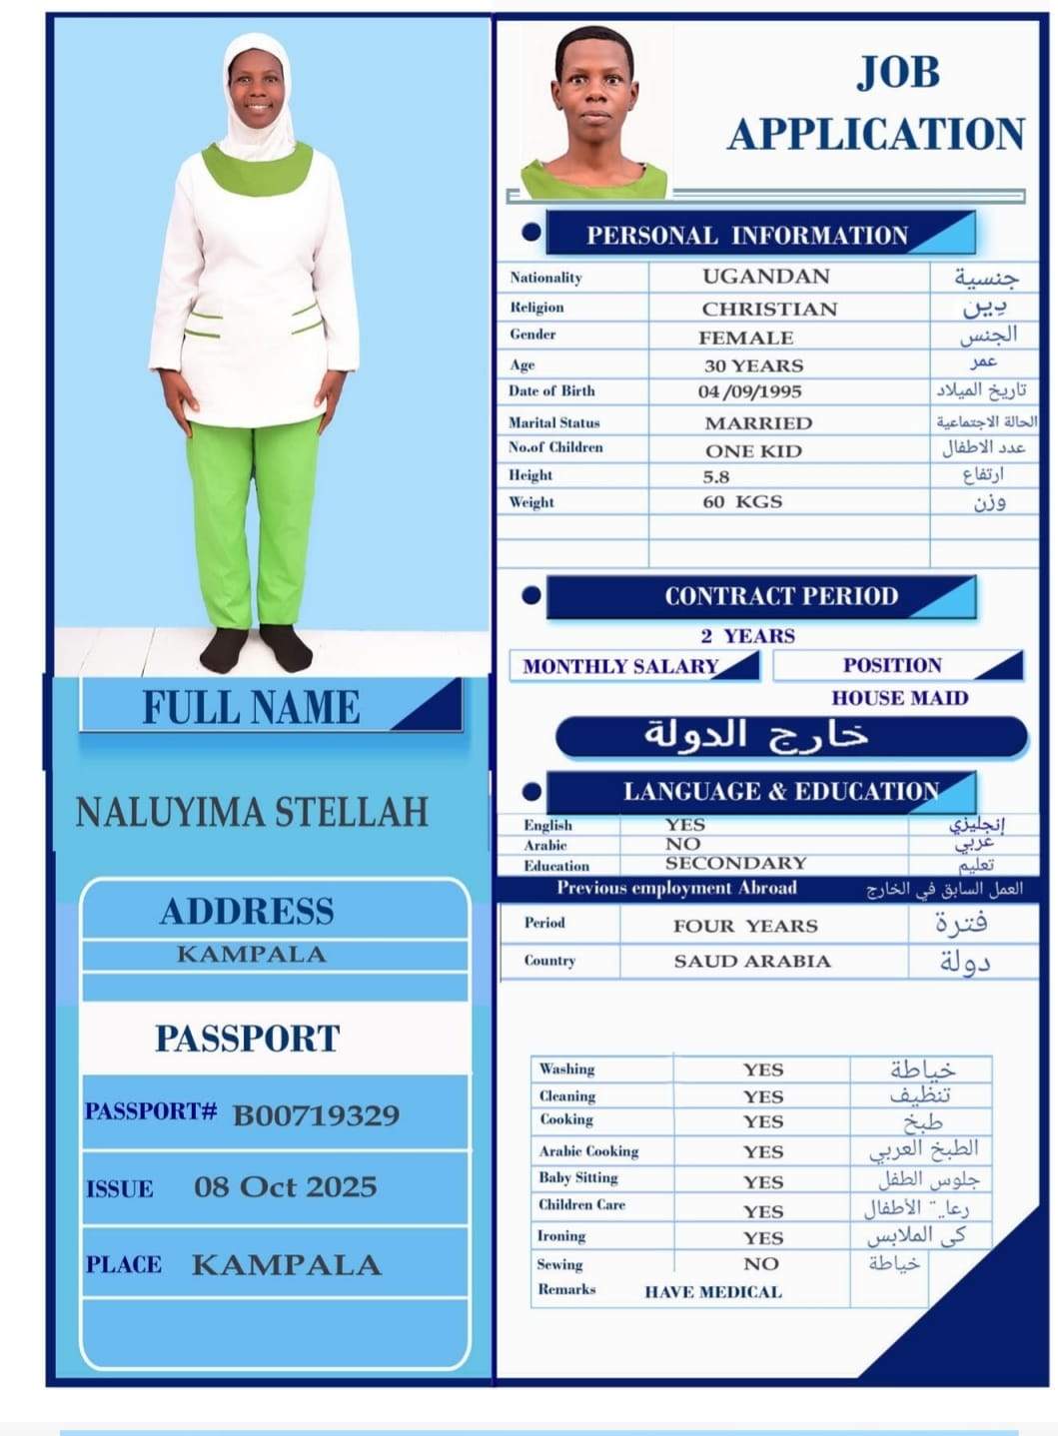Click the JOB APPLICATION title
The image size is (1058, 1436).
coord(876,104)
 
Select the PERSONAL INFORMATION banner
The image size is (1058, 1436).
coord(746,236)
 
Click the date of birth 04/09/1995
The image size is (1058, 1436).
coord(749,391)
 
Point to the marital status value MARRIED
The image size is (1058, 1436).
coord(758,422)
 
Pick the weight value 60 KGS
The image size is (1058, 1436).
coord(742,501)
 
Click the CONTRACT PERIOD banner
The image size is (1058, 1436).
coord(781,596)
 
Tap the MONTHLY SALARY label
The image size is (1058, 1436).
coord(620,666)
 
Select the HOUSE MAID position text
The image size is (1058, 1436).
coord(899,698)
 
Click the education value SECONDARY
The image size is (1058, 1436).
coord(735,863)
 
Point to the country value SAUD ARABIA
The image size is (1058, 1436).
coord(751,961)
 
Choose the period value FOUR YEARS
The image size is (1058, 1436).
coord(745,926)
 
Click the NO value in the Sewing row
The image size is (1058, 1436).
coord(760,1263)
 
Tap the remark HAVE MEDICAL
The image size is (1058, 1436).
coord(712,1291)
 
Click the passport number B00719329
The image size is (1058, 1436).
coord(316,1114)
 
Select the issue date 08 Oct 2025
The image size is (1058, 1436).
coord(286,1186)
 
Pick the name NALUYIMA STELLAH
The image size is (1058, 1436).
coord(252,812)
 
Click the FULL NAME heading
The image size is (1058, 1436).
coord(251,707)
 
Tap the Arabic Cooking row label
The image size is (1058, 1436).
coord(588,1150)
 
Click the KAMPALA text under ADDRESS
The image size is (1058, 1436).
coord(252,954)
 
